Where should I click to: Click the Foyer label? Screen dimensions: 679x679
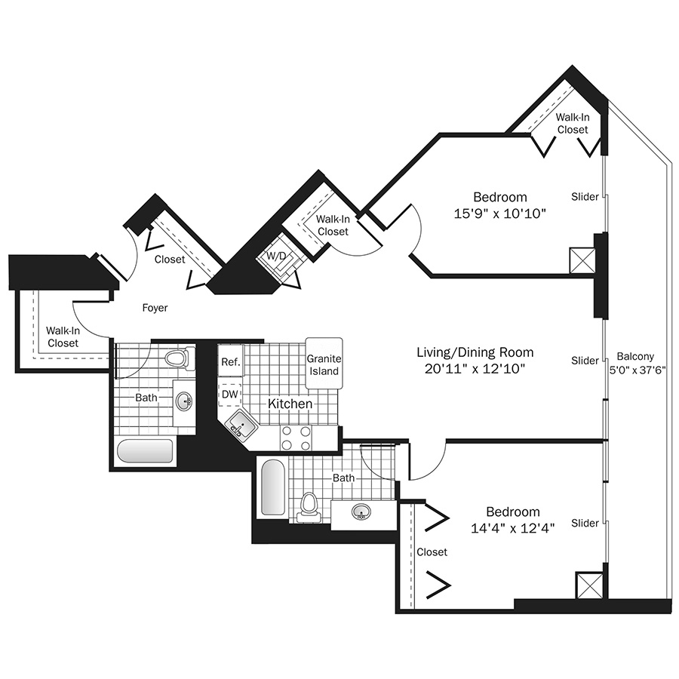(x=155, y=308)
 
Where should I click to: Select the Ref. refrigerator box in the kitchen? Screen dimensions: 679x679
(x=231, y=361)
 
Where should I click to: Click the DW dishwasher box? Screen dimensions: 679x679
(x=229, y=395)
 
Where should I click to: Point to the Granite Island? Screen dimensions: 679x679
(x=324, y=364)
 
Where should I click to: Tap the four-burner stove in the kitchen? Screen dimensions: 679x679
(x=296, y=438)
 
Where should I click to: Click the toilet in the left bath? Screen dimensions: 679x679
(x=177, y=358)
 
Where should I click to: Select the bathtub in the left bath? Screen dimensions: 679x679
(x=146, y=452)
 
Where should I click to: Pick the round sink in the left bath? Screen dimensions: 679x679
(x=185, y=401)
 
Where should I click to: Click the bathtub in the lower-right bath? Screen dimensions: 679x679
(x=273, y=487)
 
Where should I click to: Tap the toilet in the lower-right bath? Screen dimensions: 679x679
(x=309, y=506)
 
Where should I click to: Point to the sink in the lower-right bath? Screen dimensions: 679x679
(x=361, y=512)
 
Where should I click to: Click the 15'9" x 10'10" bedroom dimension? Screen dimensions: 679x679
(x=500, y=214)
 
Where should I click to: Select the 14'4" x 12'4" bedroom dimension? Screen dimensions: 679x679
(x=513, y=528)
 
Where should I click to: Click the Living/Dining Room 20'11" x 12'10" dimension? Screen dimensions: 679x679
(x=475, y=368)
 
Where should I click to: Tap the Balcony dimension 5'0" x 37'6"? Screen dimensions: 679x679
(x=637, y=370)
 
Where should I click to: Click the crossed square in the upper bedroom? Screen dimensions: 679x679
(x=582, y=260)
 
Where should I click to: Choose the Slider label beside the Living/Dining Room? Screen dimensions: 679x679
(x=585, y=361)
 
